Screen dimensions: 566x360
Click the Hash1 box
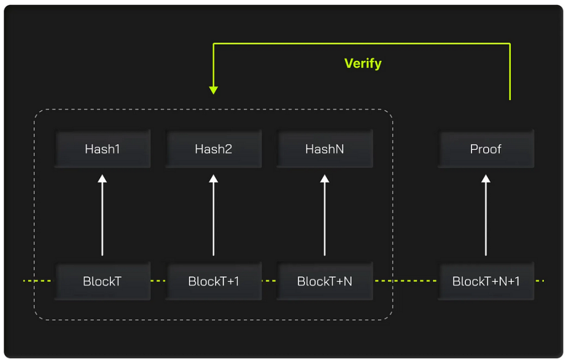[x=103, y=149]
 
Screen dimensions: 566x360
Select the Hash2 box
[x=214, y=149]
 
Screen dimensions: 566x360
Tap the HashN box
[x=325, y=149]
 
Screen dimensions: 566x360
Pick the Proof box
[x=486, y=149]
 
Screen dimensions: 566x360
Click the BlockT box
[x=103, y=281]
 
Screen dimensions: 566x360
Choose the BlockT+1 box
[x=214, y=281]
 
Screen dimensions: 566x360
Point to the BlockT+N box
[x=325, y=281]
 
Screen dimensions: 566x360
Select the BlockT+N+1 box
[x=486, y=281]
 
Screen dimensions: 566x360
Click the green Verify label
[x=363, y=63]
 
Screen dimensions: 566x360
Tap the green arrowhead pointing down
[x=214, y=90]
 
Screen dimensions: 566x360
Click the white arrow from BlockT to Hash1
[x=103, y=215]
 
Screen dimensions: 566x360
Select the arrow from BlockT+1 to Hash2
[x=214, y=215]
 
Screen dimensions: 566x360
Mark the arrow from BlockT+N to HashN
[x=325, y=215]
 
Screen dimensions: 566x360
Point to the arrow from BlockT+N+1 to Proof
[x=486, y=215]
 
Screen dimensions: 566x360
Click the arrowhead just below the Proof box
[x=486, y=179]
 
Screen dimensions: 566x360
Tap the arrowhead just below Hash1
[x=103, y=179]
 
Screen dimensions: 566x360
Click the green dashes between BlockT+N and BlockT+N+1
[x=405, y=281]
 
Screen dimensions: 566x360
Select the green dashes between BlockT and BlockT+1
[x=158, y=281]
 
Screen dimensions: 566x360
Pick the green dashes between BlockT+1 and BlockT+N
[x=269, y=281]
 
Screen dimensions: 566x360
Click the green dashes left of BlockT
[x=37, y=281]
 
